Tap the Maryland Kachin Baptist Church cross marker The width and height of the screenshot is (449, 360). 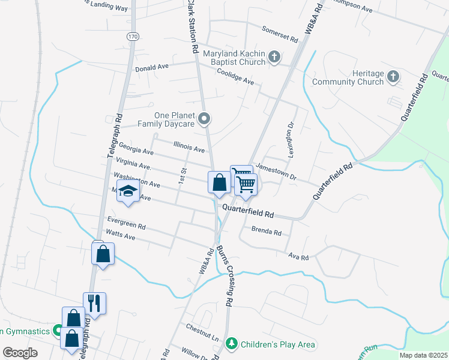tap(274, 58)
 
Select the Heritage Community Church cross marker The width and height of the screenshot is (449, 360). tap(393, 77)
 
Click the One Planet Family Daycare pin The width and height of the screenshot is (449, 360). tap(204, 118)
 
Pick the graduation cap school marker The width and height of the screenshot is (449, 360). tap(128, 191)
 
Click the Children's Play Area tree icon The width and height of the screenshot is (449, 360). tap(232, 344)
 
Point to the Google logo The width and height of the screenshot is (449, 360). tap(20, 352)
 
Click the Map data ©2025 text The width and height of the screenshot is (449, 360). tap(423, 355)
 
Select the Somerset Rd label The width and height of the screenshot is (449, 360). tap(280, 34)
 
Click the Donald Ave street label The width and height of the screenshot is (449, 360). tap(151, 68)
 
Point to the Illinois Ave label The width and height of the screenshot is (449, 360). tap(189, 146)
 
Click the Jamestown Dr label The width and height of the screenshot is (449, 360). tap(276, 172)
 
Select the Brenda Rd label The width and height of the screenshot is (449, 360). tap(267, 231)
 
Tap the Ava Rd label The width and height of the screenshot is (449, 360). tap(298, 257)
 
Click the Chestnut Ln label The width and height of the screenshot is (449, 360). tap(202, 332)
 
